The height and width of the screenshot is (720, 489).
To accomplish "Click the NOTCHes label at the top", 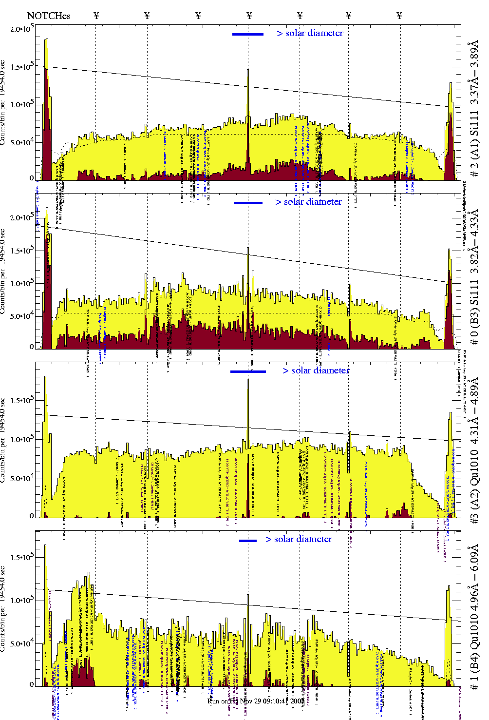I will coord(49,16).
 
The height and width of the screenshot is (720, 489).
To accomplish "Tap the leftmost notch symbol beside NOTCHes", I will coord(96,16).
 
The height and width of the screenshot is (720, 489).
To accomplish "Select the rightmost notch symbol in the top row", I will coord(399,16).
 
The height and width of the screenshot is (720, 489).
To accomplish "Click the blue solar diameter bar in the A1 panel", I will coord(248,34).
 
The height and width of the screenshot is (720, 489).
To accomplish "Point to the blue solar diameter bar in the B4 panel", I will coord(248,541).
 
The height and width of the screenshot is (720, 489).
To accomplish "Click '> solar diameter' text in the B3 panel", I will coord(308,202).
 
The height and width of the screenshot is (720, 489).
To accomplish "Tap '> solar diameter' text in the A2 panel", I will coord(316,370).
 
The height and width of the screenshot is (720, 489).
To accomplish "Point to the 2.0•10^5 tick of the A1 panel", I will coord(21,29).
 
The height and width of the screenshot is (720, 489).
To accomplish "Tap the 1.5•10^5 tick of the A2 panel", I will coord(21,401).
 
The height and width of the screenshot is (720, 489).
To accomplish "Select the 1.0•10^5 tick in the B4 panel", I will coord(21,601).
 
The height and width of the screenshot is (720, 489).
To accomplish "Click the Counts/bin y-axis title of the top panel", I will coord(3,103).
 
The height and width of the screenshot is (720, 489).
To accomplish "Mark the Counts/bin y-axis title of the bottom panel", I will coord(3,609).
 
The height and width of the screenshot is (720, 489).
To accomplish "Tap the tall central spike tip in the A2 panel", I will coord(248,379).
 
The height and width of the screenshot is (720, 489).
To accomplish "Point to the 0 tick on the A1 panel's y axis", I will coord(32,178).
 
